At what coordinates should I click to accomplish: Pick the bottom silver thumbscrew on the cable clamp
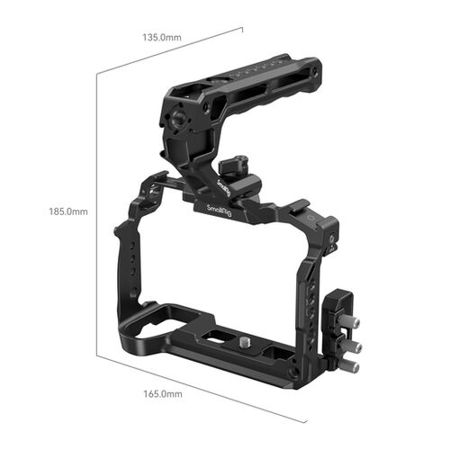pyautogui.click(x=351, y=365)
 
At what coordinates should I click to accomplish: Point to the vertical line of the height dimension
pyautogui.click(x=97, y=211)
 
